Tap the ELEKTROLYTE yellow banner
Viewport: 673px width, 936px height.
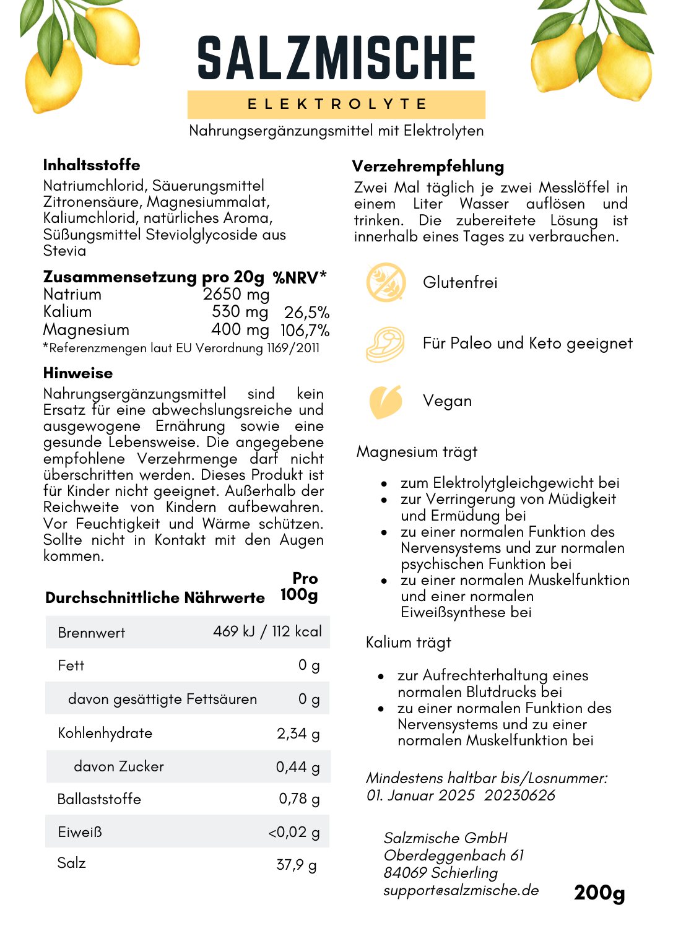coord(336,104)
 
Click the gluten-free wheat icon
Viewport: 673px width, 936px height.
coord(386,282)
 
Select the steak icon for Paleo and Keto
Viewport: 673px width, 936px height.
coord(385,344)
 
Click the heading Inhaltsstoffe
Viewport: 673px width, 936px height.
coord(92,165)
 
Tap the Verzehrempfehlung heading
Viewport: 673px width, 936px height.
coord(428,167)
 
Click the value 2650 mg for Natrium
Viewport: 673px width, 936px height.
coord(236,294)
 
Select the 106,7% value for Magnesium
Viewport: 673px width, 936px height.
coord(305,331)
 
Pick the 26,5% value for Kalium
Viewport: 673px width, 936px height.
coord(306,313)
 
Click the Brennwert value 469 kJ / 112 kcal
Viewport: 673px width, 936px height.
coord(267,631)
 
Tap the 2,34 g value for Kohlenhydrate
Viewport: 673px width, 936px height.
coord(298,734)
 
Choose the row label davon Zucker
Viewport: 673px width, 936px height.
coord(119,766)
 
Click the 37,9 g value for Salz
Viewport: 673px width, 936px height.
coord(296,865)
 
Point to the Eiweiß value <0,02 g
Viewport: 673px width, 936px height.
coord(293,833)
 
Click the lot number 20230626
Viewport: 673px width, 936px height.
coord(519,795)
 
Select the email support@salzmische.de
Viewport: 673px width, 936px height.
coord(461,890)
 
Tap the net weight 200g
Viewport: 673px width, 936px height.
coord(599,893)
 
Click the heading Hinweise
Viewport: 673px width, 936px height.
coord(78,373)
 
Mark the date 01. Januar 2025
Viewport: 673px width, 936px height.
coord(420,795)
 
